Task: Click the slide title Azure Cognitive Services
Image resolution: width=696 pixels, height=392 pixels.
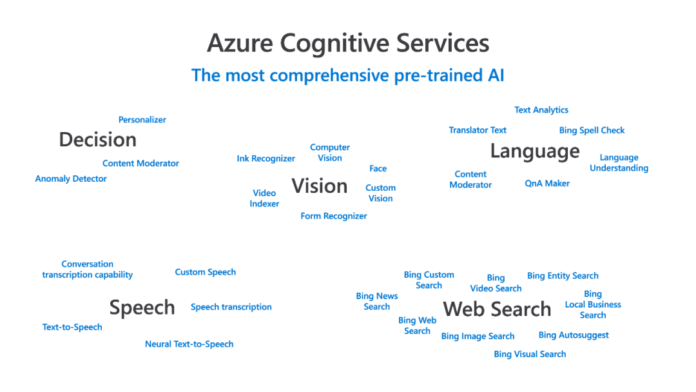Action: [348, 43]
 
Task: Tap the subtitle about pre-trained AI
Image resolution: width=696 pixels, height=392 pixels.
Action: [348, 75]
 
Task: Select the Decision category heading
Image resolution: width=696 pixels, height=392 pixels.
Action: [97, 140]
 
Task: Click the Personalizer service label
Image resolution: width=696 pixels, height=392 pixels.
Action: [142, 120]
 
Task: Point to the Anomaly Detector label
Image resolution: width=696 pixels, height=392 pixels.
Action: [71, 179]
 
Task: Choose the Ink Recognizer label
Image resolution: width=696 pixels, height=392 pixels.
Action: [266, 159]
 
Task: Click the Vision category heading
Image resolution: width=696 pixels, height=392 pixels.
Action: [320, 186]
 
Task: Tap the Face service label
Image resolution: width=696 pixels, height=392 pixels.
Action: [378, 169]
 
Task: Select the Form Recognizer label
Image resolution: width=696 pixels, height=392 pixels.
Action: [334, 217]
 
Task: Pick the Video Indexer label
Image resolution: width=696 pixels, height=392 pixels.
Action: [264, 199]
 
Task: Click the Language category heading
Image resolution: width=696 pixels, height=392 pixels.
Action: [535, 152]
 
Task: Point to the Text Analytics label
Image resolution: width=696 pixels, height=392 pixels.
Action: [541, 110]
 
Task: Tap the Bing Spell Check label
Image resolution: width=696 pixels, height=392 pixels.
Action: [592, 130]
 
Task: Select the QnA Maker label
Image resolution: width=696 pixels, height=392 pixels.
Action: [547, 184]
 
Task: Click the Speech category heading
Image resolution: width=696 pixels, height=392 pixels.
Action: [142, 308]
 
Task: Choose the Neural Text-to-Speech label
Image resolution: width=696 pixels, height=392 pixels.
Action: [189, 344]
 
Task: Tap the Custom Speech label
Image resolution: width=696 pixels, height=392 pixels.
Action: [206, 272]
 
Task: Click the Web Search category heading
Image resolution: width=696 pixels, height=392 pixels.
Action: [497, 309]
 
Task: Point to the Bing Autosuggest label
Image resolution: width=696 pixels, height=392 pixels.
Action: [574, 335]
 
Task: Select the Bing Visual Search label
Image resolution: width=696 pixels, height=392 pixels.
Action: [530, 355]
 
